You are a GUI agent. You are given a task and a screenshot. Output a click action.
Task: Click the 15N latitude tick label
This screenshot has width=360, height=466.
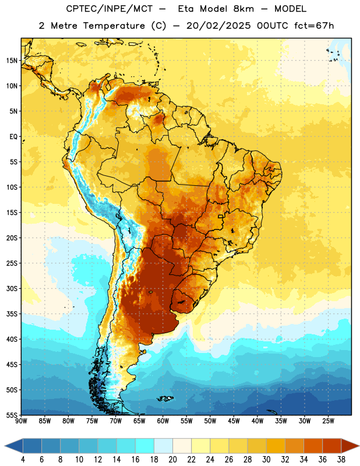tap(12, 61)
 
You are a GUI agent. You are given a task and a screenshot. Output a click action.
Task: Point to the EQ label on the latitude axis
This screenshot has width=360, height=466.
tap(13, 137)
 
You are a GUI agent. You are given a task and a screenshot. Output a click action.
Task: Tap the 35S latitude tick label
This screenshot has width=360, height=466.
tap(12, 314)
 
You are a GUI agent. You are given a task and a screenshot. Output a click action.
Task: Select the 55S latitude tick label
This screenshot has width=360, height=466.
tap(12, 415)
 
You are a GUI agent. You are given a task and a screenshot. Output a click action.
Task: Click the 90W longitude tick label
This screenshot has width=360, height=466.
tap(21, 421)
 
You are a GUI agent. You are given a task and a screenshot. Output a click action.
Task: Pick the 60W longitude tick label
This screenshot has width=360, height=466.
tap(163, 421)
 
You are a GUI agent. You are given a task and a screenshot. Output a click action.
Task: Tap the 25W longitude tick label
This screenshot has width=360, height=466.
tap(328, 421)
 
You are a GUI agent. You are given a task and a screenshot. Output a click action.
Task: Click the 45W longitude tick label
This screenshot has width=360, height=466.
tap(234, 421)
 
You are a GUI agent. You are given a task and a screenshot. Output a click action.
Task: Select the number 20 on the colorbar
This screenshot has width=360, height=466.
tap(172, 460)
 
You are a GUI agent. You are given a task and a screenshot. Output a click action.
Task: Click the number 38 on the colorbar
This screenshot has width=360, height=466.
tap(341, 460)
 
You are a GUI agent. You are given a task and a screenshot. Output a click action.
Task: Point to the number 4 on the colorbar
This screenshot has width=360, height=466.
tap(23, 460)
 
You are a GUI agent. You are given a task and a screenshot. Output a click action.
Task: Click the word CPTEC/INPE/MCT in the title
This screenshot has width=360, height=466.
tap(110, 9)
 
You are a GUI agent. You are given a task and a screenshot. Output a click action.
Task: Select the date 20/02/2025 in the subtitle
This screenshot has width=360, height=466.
tap(218, 26)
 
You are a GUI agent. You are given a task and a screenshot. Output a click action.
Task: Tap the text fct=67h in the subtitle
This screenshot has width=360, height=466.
tap(314, 26)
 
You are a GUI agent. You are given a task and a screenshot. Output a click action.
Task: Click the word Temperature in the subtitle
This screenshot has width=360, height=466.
tap(114, 26)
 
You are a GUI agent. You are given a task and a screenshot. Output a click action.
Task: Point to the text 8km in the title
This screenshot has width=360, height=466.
tap(243, 9)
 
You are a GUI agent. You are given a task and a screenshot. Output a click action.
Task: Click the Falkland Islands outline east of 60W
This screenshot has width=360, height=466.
tap(165, 399)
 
